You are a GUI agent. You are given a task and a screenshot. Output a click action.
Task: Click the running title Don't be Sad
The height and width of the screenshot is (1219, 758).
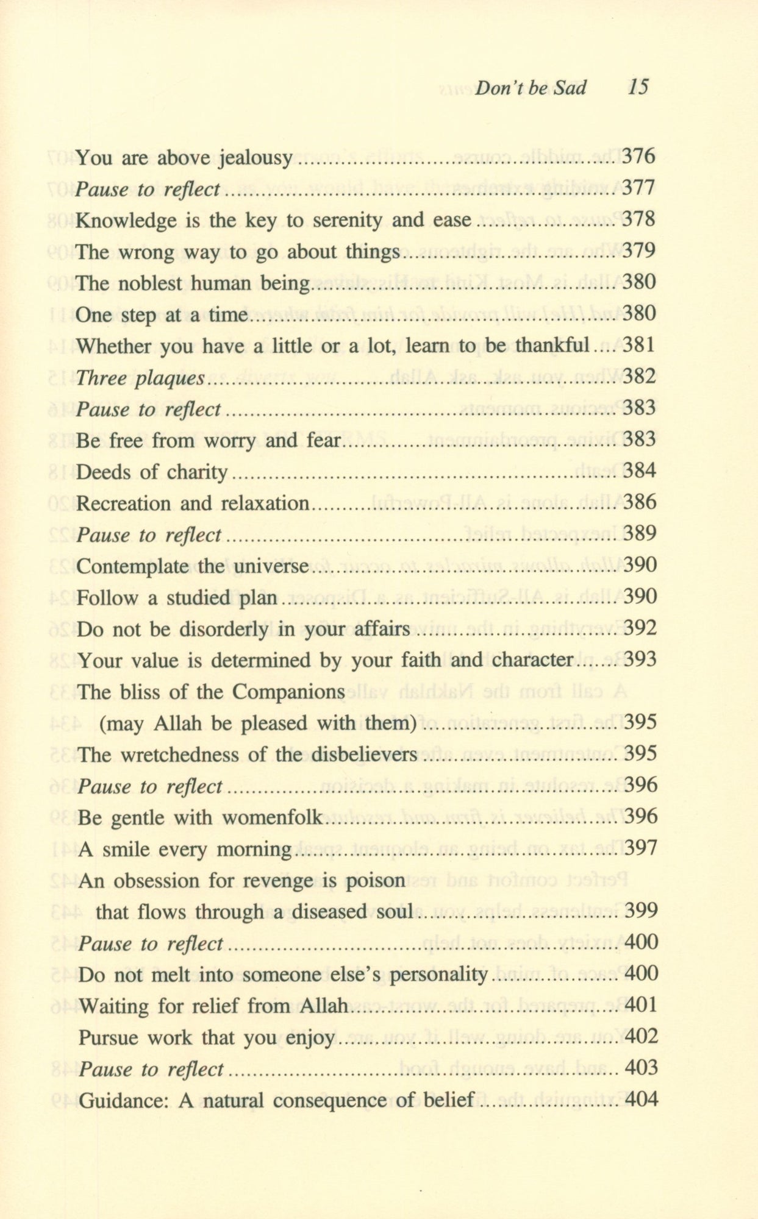pyautogui.click(x=531, y=88)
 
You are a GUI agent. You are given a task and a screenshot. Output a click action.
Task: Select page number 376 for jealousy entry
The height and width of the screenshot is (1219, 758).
pyautogui.click(x=638, y=157)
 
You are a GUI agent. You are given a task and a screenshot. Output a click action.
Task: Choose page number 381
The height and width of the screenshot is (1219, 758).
pyautogui.click(x=639, y=346)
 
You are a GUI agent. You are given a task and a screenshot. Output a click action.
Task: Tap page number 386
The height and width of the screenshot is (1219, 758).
pyautogui.click(x=640, y=503)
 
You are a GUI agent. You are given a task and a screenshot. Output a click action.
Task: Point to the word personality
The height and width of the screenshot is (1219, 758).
pyautogui.click(x=438, y=975)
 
